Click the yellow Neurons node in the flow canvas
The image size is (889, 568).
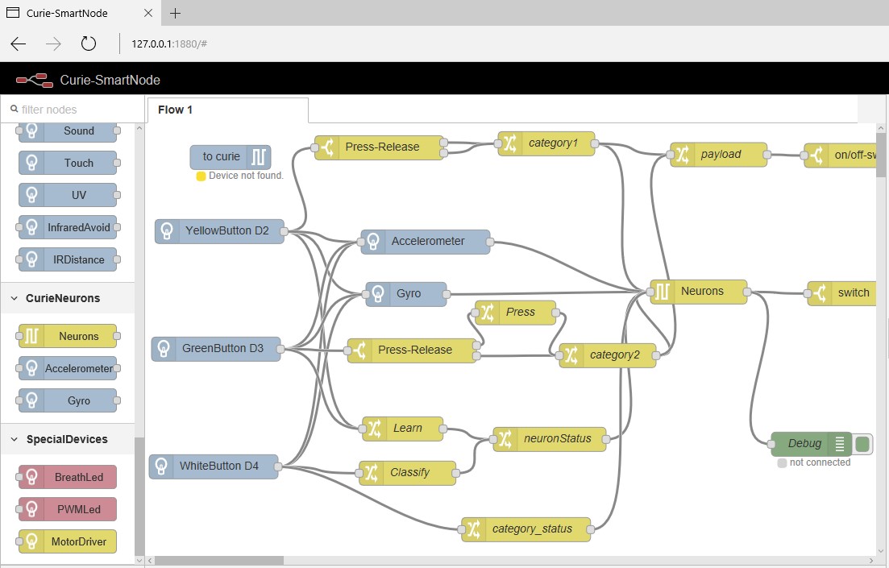702,291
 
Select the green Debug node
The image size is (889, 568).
804,443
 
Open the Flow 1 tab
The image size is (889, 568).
176,110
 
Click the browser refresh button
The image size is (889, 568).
89,44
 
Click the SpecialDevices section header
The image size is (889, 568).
67,439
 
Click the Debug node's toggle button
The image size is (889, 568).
863,443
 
